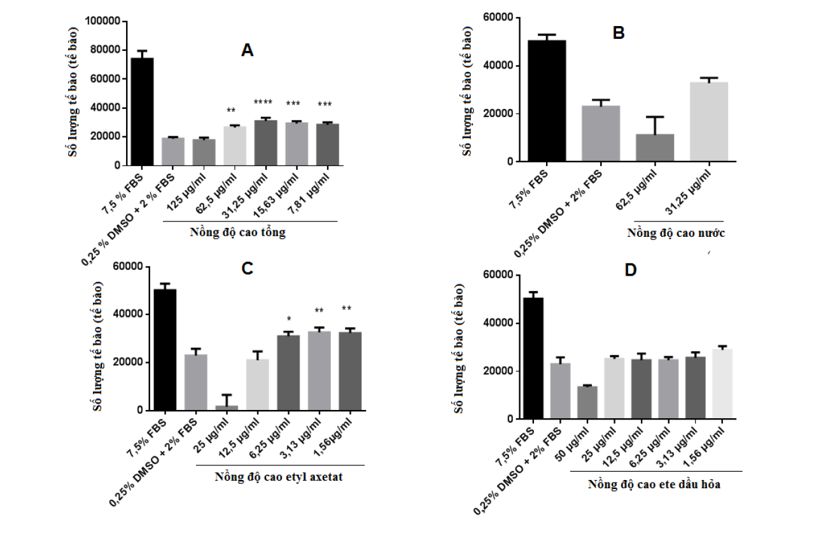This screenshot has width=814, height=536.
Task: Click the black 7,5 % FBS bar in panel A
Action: pos(141,111)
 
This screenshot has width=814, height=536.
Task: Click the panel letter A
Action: pos(248,51)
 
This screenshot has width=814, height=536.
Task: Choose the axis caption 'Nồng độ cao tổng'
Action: pos(238,232)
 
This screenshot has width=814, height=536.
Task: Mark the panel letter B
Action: pos(618,34)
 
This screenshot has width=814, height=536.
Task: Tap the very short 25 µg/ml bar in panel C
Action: pos(227,407)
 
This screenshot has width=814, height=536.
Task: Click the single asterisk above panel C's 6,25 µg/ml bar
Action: pos(288,319)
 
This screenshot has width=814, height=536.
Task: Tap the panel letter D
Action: pos(630,270)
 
